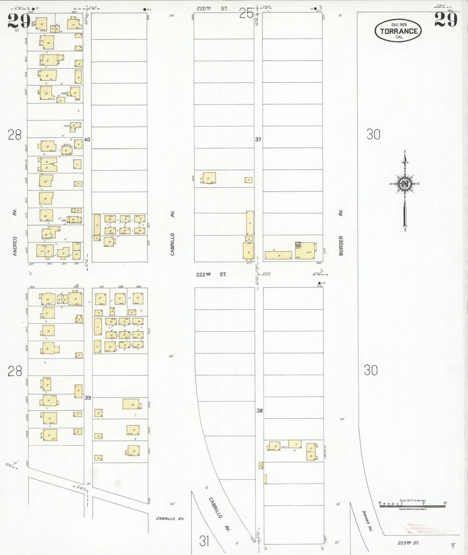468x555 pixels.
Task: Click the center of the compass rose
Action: click(x=403, y=183)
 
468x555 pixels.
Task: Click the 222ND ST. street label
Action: click(x=211, y=274)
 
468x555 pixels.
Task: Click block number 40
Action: click(x=87, y=140)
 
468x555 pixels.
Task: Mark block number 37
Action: click(x=258, y=140)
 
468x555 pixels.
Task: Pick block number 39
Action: click(x=88, y=398)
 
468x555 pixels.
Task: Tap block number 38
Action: click(x=259, y=411)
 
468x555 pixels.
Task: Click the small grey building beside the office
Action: click(x=298, y=244)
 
